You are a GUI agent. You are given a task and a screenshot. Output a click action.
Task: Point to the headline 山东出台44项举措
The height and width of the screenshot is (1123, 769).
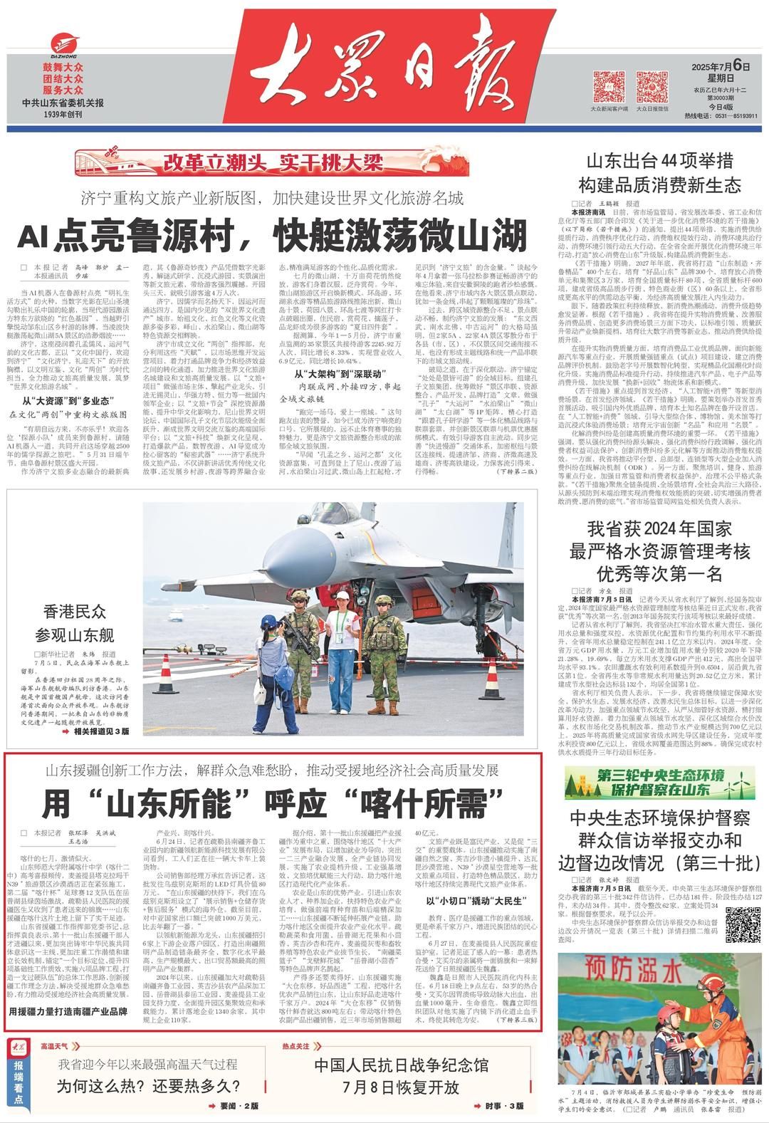click(x=659, y=160)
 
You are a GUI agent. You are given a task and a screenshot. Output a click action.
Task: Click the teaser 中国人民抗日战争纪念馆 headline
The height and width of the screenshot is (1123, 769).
click(x=404, y=1066)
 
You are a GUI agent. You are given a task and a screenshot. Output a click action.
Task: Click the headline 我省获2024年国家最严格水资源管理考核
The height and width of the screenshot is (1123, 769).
click(x=659, y=550)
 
